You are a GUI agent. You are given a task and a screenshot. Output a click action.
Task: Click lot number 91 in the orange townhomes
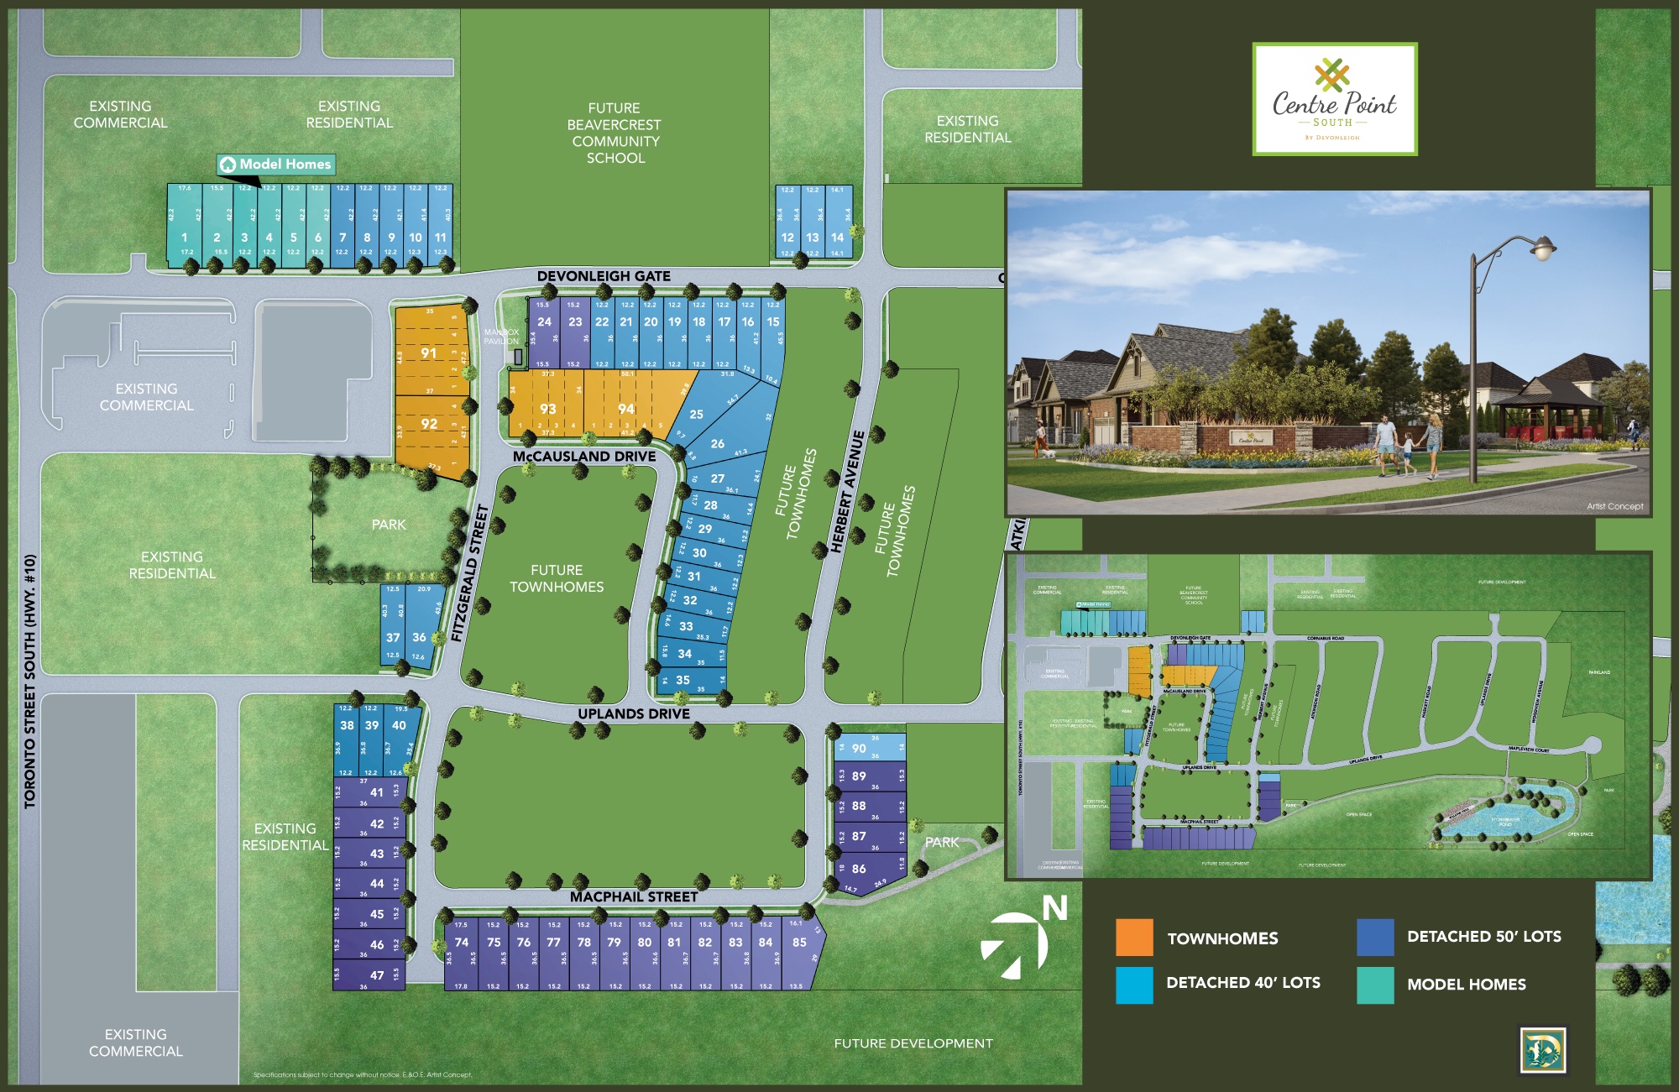(429, 353)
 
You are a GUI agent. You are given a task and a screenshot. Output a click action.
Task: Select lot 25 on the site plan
(696, 414)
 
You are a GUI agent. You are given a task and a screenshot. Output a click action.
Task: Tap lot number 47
(377, 974)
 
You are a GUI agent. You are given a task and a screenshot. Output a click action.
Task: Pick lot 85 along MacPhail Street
(799, 942)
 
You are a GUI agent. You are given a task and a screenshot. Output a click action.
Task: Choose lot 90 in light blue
(859, 748)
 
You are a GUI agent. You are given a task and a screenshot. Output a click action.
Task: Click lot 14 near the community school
(837, 238)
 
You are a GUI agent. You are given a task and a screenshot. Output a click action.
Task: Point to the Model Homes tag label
(276, 165)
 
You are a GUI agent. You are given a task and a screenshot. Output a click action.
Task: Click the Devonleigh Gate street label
(604, 276)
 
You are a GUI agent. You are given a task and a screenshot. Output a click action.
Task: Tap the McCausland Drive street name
(584, 457)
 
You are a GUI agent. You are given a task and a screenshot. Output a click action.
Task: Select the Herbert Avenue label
(847, 492)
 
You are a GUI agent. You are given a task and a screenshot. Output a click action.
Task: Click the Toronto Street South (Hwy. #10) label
(30, 681)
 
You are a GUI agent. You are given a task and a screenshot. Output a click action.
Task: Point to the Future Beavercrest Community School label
(615, 133)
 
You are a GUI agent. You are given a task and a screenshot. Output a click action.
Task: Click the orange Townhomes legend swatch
(1134, 938)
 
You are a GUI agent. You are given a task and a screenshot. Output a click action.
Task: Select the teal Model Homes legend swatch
(1375, 985)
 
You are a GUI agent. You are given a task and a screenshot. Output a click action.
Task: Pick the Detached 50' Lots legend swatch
(1375, 937)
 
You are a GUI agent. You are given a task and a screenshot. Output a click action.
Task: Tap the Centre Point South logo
(1334, 99)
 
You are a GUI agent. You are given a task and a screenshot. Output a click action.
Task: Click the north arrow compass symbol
(1017, 943)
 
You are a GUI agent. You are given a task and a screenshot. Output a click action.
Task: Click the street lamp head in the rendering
(1543, 248)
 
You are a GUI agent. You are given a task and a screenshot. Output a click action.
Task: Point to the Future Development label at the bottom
(913, 1043)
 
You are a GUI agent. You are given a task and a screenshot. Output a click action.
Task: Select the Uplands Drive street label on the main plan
(634, 713)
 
